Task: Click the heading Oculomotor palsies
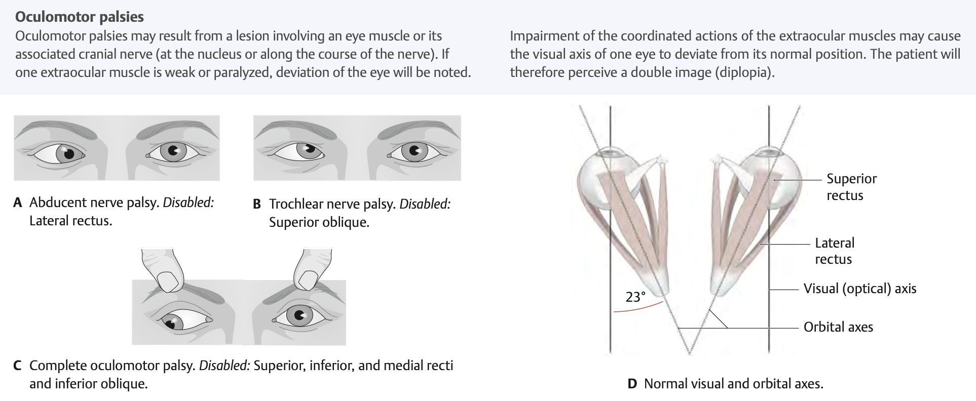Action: (x=80, y=17)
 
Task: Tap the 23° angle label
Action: (x=635, y=297)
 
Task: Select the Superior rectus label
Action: (x=851, y=187)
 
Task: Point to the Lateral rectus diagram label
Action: (x=834, y=251)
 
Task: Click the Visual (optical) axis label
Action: (x=859, y=289)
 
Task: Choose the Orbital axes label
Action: (x=838, y=327)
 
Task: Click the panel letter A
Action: (x=18, y=203)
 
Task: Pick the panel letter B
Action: (x=257, y=204)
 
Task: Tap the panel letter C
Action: (x=18, y=366)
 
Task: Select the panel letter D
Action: (x=632, y=384)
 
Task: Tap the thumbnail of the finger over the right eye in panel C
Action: (x=306, y=279)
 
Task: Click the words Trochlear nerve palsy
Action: (x=332, y=204)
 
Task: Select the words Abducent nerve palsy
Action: (x=93, y=203)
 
